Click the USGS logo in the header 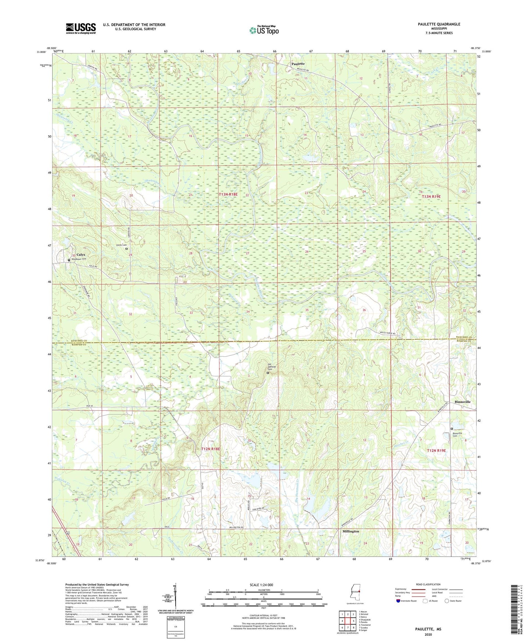click(x=81, y=28)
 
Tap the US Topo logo click(x=264, y=30)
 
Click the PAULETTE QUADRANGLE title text click(x=439, y=24)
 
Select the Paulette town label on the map click(x=298, y=64)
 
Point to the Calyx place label click(x=81, y=254)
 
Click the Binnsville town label click(x=462, y=402)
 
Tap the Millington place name click(x=351, y=531)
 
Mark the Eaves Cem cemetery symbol click(x=127, y=249)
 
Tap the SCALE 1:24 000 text click(x=261, y=585)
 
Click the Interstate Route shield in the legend click(x=398, y=601)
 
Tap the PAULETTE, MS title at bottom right click(x=428, y=629)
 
